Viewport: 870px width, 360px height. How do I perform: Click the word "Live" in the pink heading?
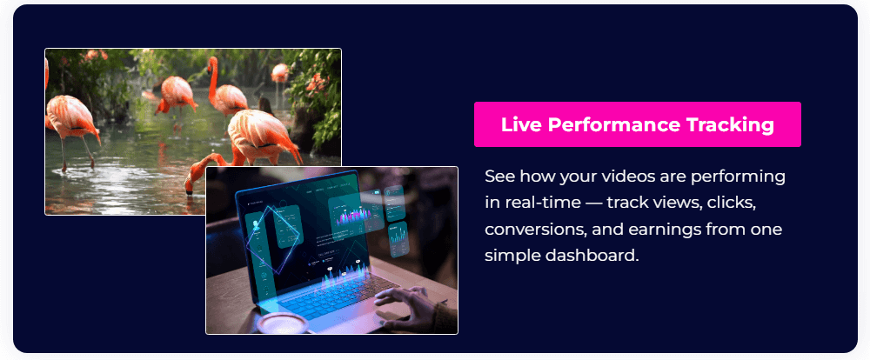520,124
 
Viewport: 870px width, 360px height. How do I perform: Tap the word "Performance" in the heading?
612,124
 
